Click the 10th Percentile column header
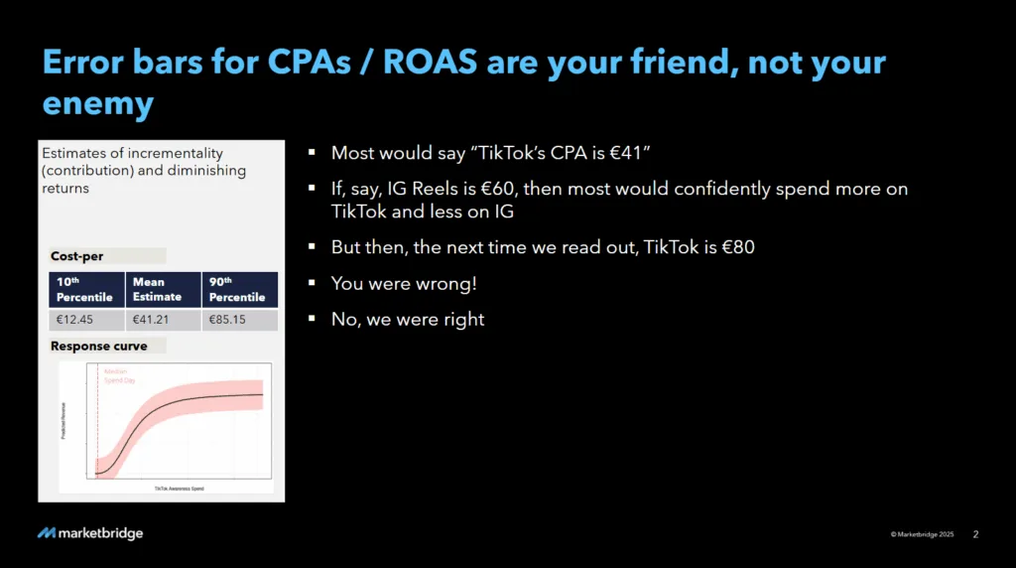(85, 289)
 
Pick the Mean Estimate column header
(163, 289)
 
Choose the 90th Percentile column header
(239, 289)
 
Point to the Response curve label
(98, 347)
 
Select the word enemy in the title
(97, 103)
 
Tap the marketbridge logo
(90, 534)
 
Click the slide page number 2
(975, 534)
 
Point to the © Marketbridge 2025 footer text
(922, 534)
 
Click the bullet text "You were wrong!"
(404, 283)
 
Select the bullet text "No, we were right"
(408, 320)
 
